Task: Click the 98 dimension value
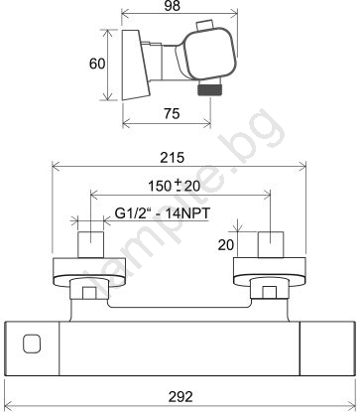pyautogui.click(x=173, y=6)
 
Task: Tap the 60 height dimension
pyautogui.click(x=97, y=64)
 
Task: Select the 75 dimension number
pyautogui.click(x=172, y=114)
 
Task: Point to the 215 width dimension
pyautogui.click(x=172, y=158)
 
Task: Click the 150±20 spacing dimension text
pyautogui.click(x=175, y=186)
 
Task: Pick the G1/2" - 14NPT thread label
pyautogui.click(x=163, y=213)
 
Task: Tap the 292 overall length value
pyautogui.click(x=180, y=396)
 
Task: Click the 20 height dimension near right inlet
pyautogui.click(x=226, y=245)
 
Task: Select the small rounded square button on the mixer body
pyautogui.click(x=32, y=344)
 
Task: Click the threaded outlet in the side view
pyautogui.click(x=209, y=89)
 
